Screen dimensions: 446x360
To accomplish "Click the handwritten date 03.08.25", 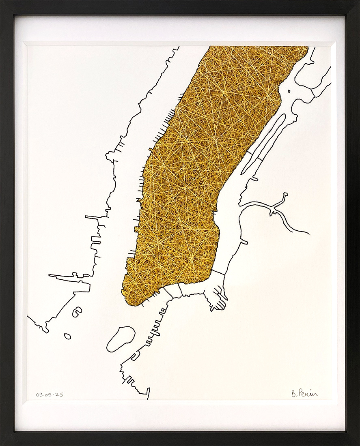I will coord(49,394).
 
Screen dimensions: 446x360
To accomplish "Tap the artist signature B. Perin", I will coord(304,393).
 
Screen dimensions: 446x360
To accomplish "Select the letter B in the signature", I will coord(293,393).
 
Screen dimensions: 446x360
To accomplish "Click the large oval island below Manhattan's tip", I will coord(121,339).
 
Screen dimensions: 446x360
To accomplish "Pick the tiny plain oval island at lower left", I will coord(67,336).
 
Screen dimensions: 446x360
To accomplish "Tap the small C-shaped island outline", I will coord(77,312).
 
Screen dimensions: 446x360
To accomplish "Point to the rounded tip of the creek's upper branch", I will coord(285,195).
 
